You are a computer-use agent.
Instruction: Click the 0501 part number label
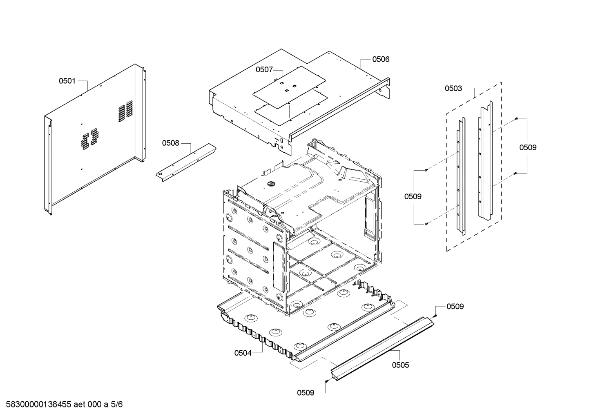point(67,81)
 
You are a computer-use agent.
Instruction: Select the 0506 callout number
point(380,59)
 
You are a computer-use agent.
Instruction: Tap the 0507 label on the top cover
point(264,70)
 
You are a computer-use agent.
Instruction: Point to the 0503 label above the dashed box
point(453,88)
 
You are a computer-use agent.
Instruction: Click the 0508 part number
point(170,143)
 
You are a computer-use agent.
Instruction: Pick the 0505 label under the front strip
point(400,365)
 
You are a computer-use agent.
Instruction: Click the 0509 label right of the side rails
point(528,147)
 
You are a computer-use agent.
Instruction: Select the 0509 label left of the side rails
point(413,196)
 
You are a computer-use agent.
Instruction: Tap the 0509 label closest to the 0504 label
point(306,393)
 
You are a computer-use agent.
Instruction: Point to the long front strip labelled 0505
point(382,349)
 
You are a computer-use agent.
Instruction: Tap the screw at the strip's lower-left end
point(326,381)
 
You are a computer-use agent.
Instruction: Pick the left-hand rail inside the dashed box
point(460,176)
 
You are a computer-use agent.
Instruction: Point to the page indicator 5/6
point(116,405)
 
